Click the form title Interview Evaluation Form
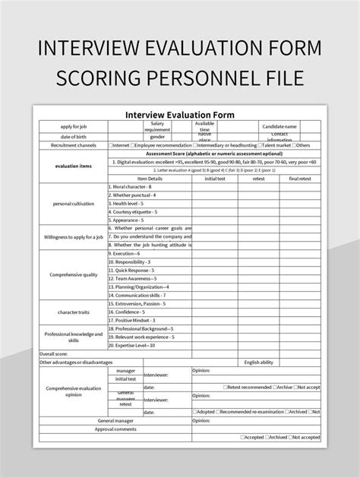coord(180,115)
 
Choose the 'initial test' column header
coord(216,178)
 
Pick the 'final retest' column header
coord(300,178)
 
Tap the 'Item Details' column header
coord(150,178)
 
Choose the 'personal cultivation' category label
coord(74,204)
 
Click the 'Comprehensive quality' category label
coord(74,274)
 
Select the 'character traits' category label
coord(74,312)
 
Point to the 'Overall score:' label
coord(53,353)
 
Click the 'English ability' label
coord(258,362)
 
